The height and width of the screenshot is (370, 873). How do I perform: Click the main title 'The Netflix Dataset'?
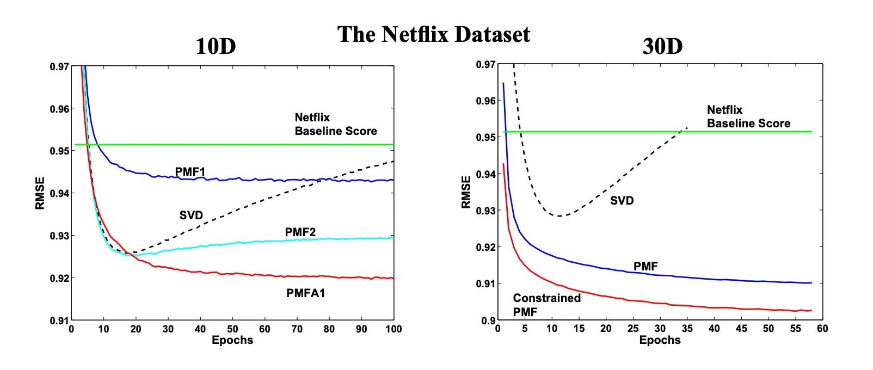coord(433,34)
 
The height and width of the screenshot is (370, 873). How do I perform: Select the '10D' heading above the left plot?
coord(216,46)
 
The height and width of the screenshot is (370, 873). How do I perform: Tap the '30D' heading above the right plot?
coord(662,46)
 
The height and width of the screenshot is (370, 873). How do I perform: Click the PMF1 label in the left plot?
coord(190,171)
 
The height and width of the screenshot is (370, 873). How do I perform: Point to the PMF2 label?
coord(300,232)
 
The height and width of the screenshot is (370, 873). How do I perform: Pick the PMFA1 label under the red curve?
coord(305,293)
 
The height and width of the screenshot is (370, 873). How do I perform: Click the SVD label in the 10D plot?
coord(191,215)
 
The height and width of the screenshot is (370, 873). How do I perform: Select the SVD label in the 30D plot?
coord(622,201)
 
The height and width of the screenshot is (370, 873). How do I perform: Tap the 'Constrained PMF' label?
coord(546,305)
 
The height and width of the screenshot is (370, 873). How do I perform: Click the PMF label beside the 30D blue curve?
coord(645,267)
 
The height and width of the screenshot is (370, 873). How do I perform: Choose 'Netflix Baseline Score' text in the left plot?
coord(336,124)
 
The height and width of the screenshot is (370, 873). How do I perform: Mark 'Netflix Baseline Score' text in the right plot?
coord(748,116)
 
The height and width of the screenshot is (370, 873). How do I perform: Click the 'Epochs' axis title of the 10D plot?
coord(232,340)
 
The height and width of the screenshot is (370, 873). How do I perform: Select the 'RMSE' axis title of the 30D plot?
coord(466,192)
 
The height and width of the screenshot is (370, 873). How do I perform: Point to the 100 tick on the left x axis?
coord(394,329)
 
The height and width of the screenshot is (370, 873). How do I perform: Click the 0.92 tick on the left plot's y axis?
coord(59,278)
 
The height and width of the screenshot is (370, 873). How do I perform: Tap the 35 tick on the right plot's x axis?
coord(687,329)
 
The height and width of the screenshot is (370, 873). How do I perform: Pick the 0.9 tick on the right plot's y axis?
coord(488,320)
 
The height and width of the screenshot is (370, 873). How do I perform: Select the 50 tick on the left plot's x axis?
coord(232,329)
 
